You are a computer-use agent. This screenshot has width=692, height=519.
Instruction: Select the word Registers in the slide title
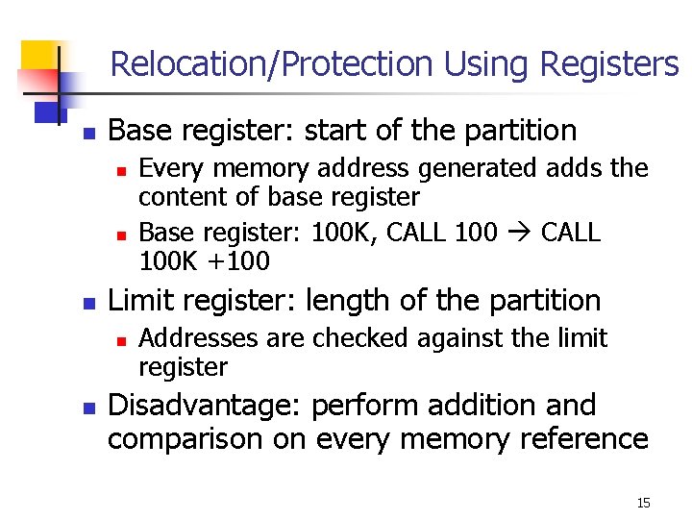pos(610,64)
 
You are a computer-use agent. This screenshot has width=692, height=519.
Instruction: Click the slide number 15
pos(643,503)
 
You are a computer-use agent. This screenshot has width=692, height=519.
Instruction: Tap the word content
pos(175,197)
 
